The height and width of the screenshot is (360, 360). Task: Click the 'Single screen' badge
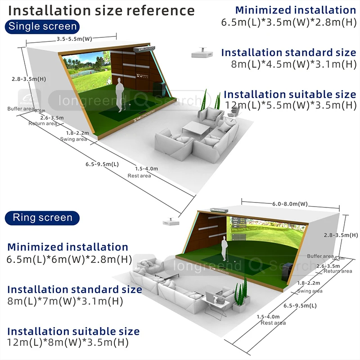[x=43, y=26]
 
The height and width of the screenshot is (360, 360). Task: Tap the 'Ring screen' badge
[x=42, y=218]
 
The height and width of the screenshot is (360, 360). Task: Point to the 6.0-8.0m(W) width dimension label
[x=290, y=204]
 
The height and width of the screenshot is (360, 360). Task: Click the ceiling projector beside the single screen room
[x=201, y=53]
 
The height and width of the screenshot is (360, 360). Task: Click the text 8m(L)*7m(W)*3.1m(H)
[x=65, y=301]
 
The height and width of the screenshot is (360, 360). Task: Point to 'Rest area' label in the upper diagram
[x=139, y=176]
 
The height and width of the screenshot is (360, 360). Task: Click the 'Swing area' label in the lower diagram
[x=310, y=291]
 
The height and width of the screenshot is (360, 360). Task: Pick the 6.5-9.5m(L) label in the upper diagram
[x=102, y=164]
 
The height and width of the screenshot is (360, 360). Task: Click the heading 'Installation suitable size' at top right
[x=290, y=94]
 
